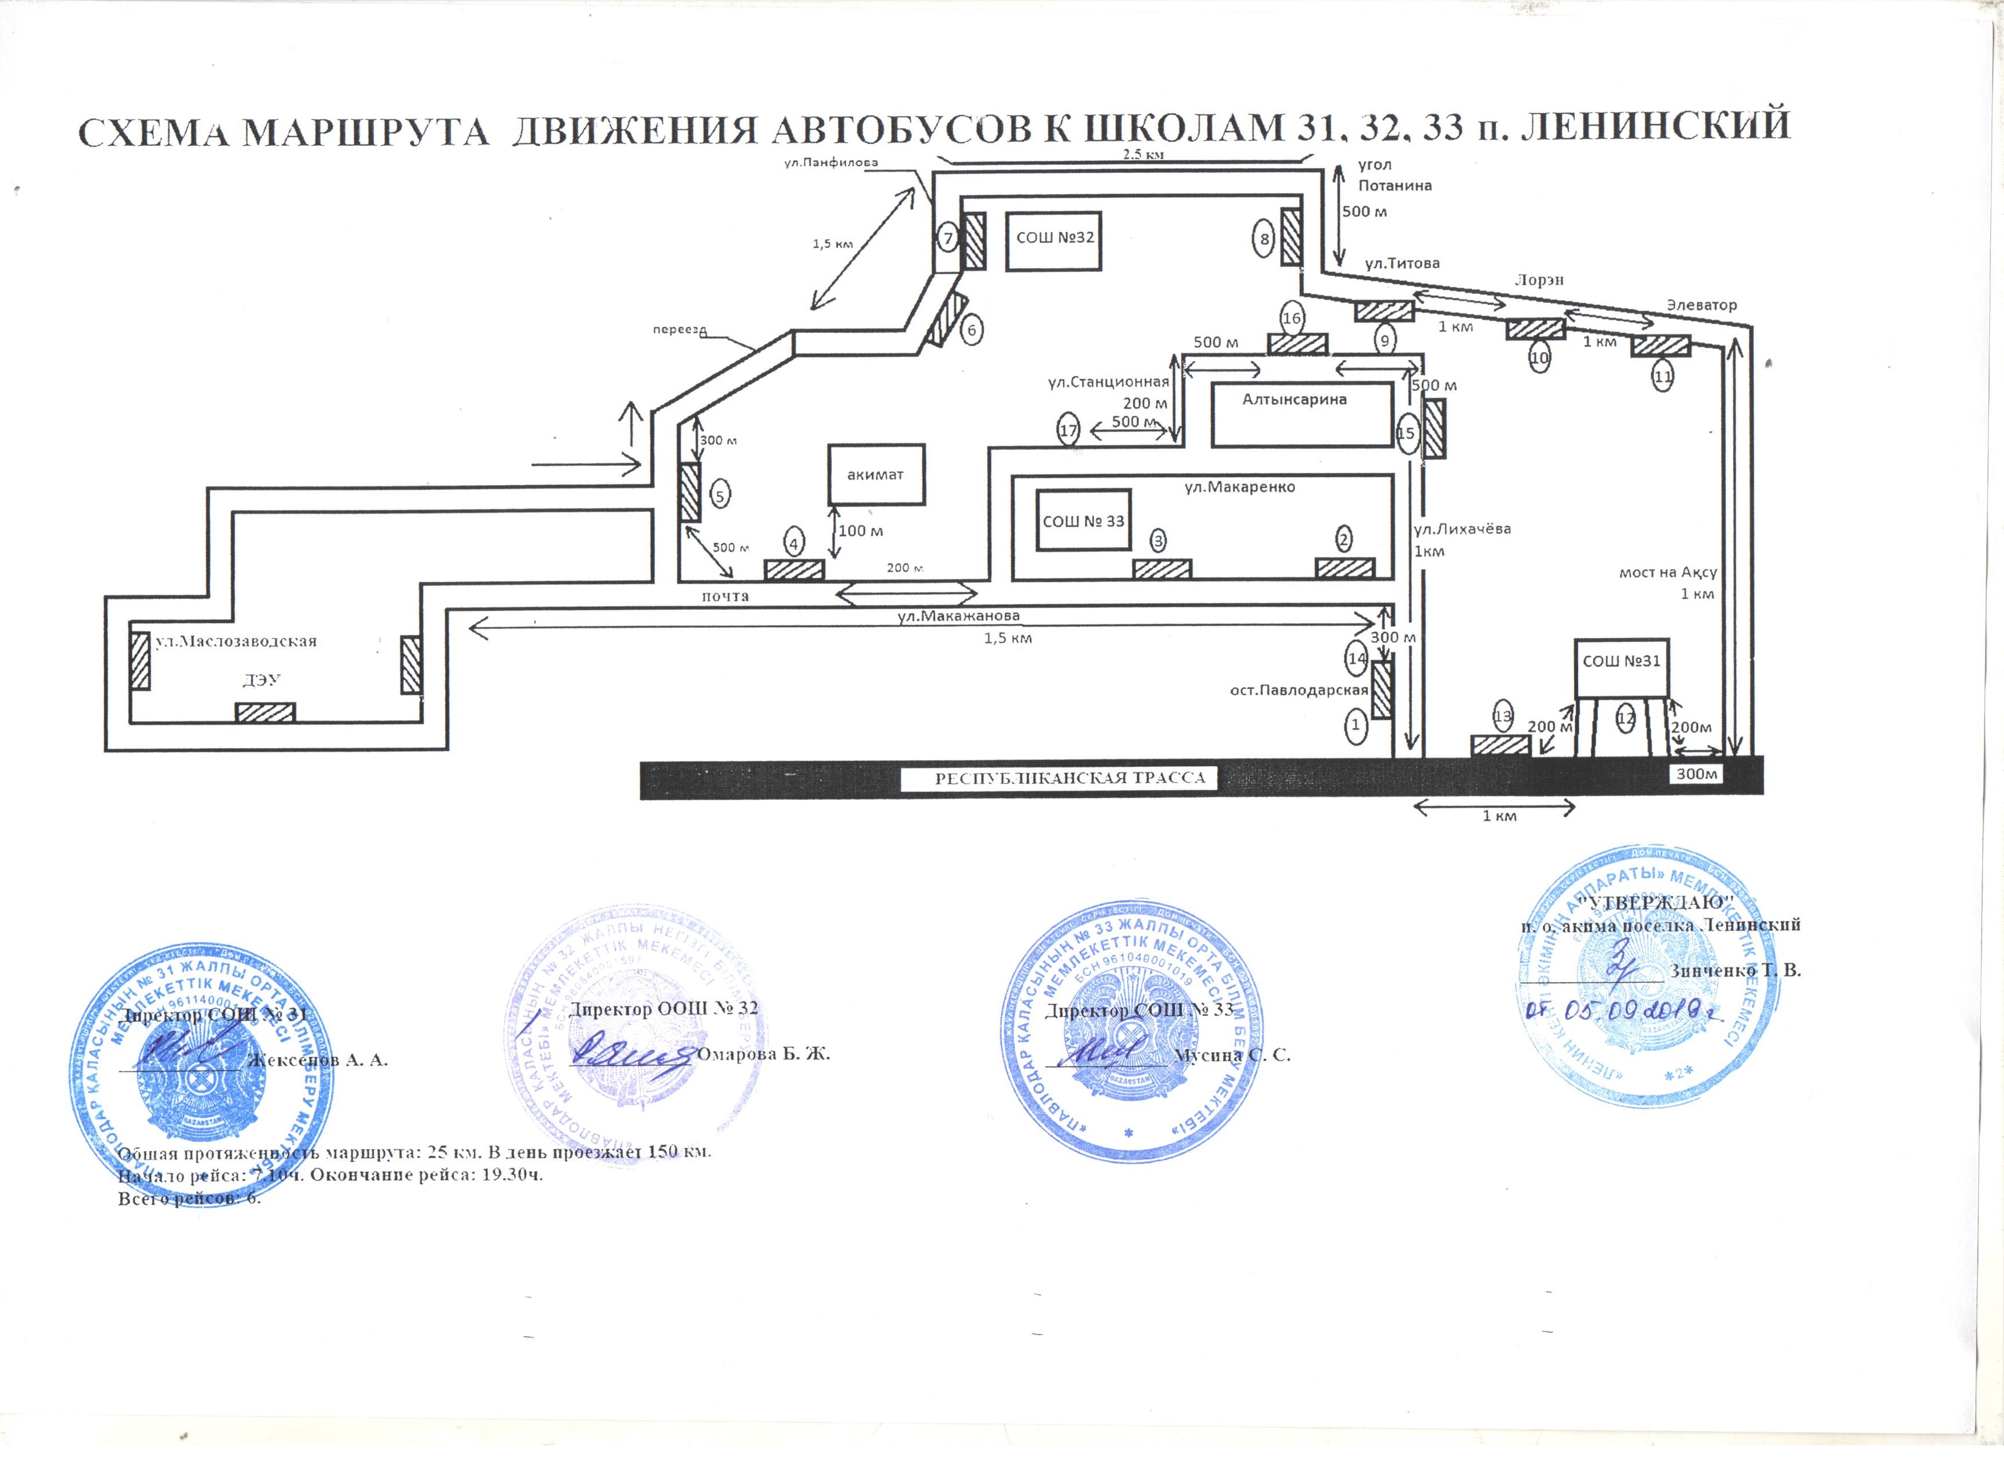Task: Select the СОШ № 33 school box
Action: pos(1083,521)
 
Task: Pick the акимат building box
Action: pos(876,475)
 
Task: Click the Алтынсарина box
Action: pos(1302,413)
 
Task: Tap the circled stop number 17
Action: pos(1068,431)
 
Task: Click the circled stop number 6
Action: pos(972,330)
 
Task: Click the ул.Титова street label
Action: pos(1402,264)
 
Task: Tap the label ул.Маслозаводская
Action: pos(236,642)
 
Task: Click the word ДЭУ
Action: pos(262,679)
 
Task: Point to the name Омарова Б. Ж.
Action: pos(764,1054)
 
